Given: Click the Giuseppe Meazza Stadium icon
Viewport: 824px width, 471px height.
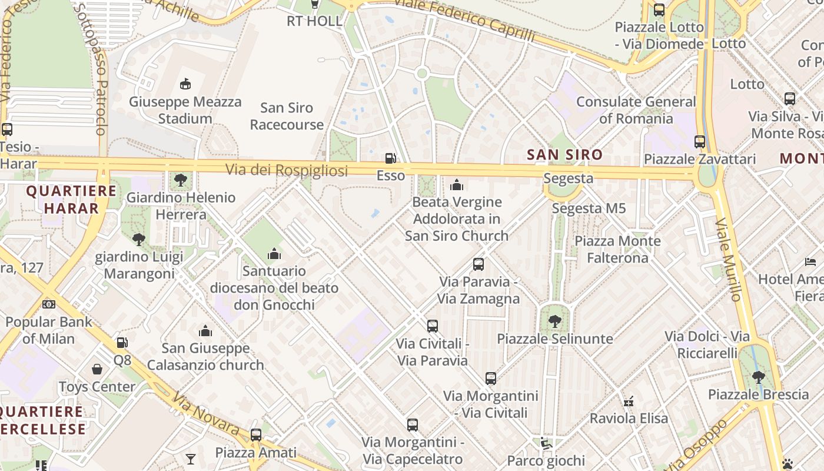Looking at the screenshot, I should pos(185,84).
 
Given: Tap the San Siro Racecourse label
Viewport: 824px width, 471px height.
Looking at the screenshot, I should pos(287,116).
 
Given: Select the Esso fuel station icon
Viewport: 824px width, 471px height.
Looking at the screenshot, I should pos(390,158).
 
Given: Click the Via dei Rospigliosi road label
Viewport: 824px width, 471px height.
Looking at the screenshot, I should pos(287,170).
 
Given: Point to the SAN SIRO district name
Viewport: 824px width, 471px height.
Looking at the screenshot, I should pos(564,155).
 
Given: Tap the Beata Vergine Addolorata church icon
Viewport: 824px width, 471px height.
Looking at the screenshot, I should pos(457,185).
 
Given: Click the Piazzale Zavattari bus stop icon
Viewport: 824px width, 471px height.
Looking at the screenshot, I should pos(700,142).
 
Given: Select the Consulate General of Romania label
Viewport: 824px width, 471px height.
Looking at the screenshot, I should pos(636,110).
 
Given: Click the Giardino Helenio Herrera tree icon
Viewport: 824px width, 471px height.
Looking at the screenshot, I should pos(181,180).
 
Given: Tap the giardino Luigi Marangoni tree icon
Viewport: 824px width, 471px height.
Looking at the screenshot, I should pos(139,239).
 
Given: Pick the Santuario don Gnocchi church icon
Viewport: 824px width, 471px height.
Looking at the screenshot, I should pos(274,254).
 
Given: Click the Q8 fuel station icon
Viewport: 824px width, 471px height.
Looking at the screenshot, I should pos(122,343).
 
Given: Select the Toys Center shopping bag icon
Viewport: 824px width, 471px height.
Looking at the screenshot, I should pos(97,370).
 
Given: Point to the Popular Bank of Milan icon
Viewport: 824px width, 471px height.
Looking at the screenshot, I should pos(49,304).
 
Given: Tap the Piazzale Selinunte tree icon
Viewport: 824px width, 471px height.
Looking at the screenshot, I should pos(554,321).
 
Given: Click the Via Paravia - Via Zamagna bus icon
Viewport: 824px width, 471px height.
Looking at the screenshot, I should pos(479,264).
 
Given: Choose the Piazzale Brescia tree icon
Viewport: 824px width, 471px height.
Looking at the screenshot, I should pos(759,377).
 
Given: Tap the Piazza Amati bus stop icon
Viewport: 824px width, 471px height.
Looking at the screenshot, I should pos(256,435).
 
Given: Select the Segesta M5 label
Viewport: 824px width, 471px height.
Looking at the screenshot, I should pos(589,208).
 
